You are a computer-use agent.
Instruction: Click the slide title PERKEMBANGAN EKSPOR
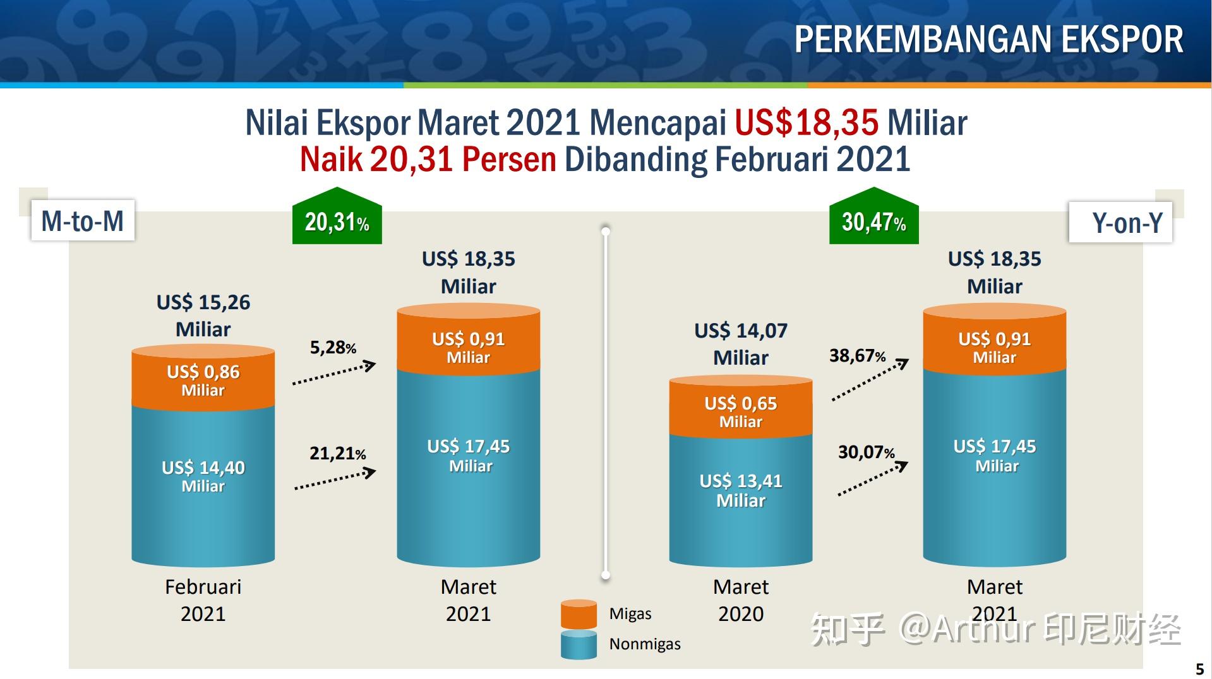click(x=988, y=39)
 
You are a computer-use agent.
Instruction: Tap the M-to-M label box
click(x=83, y=221)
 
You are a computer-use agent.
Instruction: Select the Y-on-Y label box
click(x=1120, y=222)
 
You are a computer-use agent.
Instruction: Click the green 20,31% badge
click(x=337, y=221)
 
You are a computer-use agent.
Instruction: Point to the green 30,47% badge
click(x=873, y=221)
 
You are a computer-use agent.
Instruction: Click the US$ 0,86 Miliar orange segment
click(x=203, y=380)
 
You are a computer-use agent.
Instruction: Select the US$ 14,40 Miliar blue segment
click(x=203, y=476)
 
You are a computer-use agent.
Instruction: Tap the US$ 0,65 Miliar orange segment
click(x=741, y=411)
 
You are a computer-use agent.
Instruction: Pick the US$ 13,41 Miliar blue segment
click(x=741, y=490)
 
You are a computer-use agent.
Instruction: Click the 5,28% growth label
click(x=333, y=348)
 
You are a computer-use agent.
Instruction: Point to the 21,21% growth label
click(x=337, y=453)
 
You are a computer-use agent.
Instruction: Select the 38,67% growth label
click(x=857, y=356)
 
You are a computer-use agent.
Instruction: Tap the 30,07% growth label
click(x=866, y=452)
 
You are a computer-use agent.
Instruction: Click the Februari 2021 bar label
click(x=203, y=600)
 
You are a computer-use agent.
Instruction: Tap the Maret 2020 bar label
click(x=741, y=600)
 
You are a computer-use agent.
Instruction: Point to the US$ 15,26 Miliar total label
click(x=203, y=316)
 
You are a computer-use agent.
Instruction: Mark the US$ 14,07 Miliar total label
click(x=741, y=344)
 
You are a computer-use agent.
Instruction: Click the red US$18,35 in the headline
click(x=806, y=122)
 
